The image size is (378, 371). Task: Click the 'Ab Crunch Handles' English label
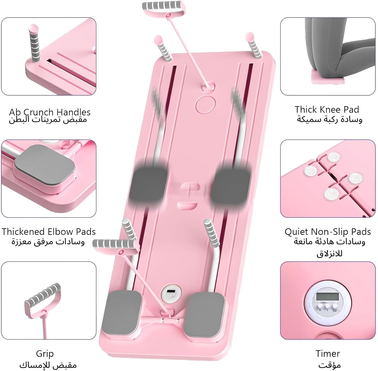[x=50, y=112]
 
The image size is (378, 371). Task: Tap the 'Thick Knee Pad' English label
[x=327, y=110]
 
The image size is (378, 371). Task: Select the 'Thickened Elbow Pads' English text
[x=49, y=231]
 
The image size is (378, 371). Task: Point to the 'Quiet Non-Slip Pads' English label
[x=328, y=232]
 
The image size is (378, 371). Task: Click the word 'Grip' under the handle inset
[x=45, y=353]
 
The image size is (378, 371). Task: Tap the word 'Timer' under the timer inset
[x=328, y=353]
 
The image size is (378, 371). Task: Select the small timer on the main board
[x=171, y=294]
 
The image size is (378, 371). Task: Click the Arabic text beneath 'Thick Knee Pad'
[x=329, y=119]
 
